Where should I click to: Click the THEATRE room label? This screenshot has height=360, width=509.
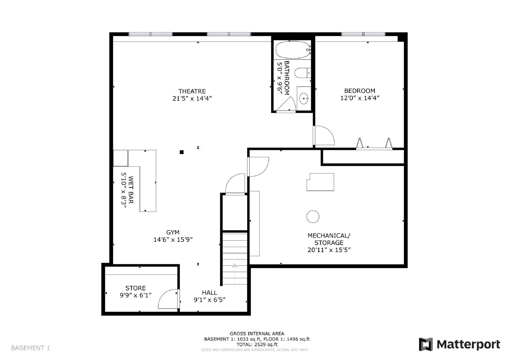192,91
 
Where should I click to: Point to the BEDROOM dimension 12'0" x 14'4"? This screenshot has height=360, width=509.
360,98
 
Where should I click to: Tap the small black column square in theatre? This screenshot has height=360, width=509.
182,152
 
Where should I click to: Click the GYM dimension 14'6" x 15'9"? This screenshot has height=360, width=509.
173,240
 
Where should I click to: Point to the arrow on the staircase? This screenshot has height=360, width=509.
234,265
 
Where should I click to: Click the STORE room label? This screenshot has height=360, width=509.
136,288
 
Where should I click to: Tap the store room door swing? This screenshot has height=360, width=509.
168,299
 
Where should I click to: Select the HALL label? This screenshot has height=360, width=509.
210,293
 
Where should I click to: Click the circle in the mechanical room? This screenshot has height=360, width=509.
313,217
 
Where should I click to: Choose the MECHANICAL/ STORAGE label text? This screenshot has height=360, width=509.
329,239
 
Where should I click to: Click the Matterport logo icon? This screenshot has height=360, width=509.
426,344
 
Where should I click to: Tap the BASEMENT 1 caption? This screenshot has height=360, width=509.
31,348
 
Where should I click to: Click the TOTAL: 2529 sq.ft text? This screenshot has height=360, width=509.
257,344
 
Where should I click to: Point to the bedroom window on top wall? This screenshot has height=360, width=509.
363,34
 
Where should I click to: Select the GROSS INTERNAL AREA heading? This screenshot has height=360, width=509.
257,334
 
